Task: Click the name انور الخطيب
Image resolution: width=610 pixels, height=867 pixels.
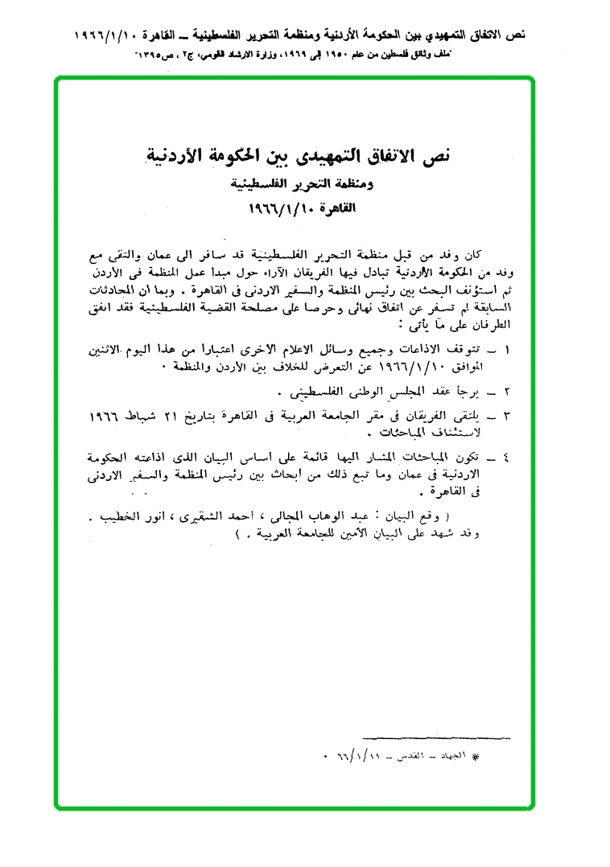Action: (183, 517)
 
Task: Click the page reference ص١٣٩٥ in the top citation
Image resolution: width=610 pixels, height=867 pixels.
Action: (159, 55)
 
